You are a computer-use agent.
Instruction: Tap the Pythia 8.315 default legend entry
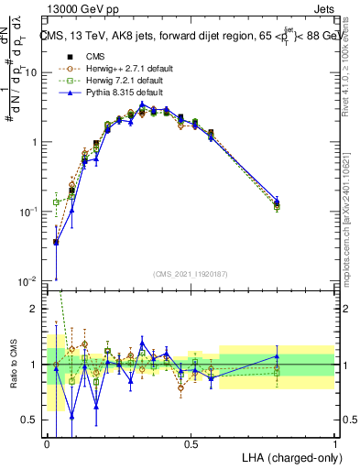[112, 93]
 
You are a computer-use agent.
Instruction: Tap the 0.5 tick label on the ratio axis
[31, 420]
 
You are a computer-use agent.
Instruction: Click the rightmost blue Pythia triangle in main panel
[278, 199]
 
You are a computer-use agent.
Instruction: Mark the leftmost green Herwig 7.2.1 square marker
[56, 202]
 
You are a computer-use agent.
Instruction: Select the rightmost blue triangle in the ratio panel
[278, 356]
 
